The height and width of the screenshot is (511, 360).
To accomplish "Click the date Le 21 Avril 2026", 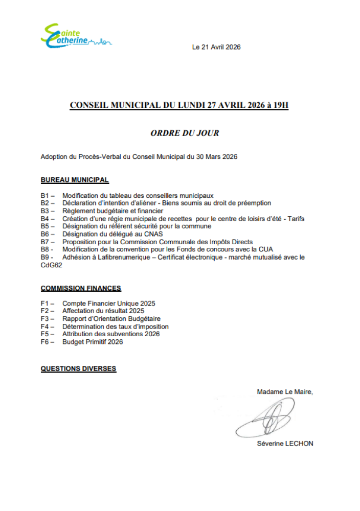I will click(216, 47).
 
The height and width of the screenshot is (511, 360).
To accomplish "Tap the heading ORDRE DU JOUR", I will click(185, 133).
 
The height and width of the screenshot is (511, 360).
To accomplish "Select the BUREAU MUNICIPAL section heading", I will click(75, 180).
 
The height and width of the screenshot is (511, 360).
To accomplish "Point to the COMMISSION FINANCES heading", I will click(81, 288).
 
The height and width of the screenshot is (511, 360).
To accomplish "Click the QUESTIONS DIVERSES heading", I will click(78, 368).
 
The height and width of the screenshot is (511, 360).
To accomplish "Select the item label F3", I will click(45, 319).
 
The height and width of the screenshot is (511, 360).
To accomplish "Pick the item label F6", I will click(45, 342).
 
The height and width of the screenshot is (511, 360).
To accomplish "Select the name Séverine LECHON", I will click(285, 444).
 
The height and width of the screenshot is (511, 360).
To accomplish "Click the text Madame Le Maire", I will click(285, 392).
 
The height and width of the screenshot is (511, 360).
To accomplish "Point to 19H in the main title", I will click(280, 105).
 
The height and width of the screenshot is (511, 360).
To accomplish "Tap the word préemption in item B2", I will click(254, 203).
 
